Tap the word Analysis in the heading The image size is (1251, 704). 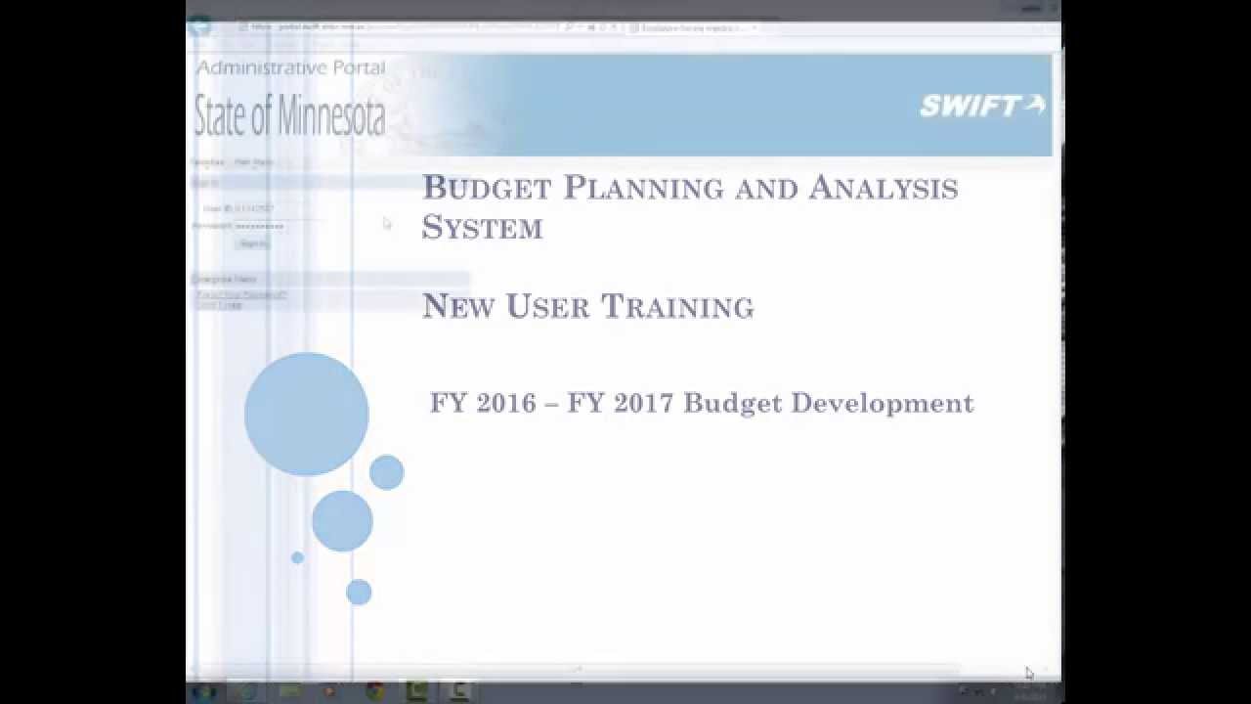click(883, 187)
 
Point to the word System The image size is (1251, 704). click(482, 228)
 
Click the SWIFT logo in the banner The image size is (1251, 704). click(981, 106)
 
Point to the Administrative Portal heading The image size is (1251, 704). click(290, 67)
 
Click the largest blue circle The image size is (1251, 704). click(306, 414)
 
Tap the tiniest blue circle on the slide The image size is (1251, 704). click(297, 557)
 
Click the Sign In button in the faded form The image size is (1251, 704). click(252, 243)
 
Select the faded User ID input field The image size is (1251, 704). click(266, 208)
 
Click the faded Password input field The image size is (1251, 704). click(266, 226)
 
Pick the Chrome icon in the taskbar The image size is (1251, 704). click(374, 691)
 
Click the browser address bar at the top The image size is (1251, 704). click(401, 27)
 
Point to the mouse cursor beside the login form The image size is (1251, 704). click(387, 224)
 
